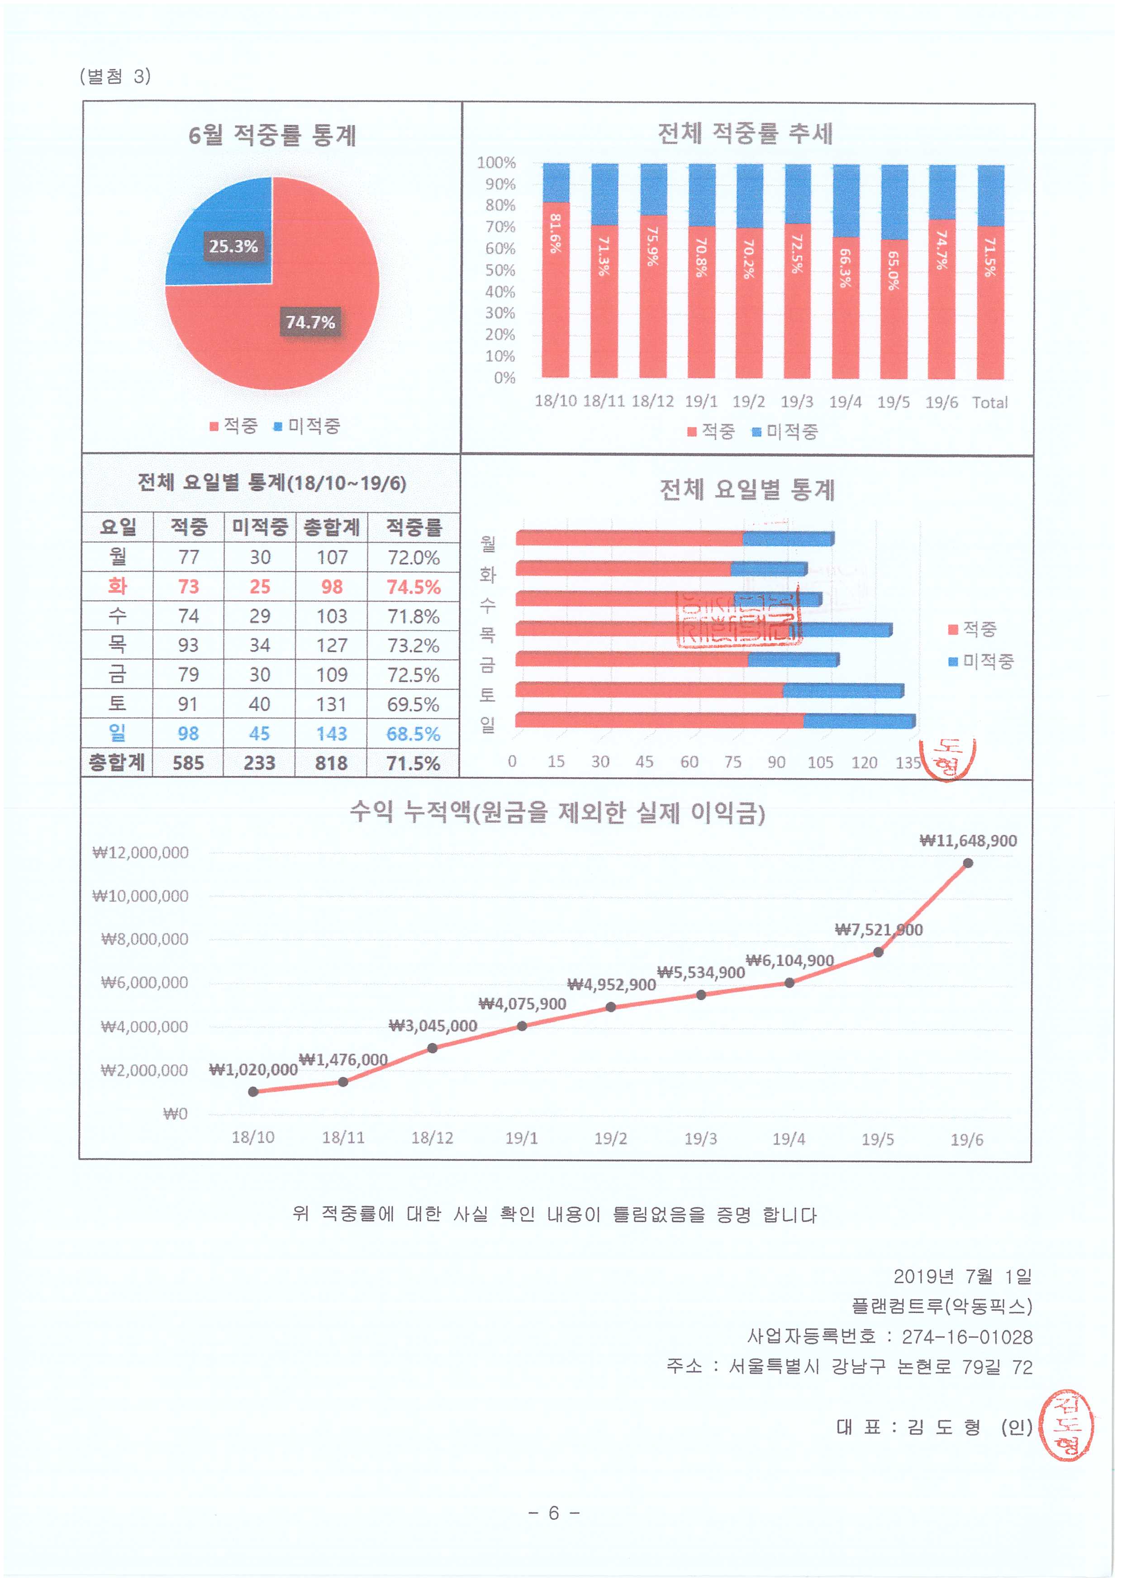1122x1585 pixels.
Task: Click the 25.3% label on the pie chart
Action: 233,247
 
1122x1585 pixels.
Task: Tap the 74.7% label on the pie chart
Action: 310,323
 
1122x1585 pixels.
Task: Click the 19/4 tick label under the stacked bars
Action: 845,402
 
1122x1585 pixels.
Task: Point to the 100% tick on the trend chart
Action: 496,163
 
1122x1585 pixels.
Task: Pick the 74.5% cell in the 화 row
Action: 413,587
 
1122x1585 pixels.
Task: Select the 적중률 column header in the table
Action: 413,527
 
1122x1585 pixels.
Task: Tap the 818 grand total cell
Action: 332,763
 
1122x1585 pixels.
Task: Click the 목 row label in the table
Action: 118,645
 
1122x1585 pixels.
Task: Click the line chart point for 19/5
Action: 878,952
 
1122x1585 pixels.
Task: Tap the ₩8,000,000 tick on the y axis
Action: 144,939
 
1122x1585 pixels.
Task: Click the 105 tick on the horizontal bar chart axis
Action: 820,763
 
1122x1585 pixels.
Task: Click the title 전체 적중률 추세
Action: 746,133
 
